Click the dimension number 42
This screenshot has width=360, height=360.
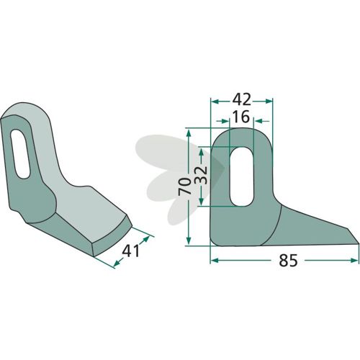(x=242, y=99)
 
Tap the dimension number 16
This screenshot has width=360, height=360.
(x=241, y=117)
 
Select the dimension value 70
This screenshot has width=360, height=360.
(x=184, y=186)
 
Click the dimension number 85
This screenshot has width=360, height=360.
(x=288, y=261)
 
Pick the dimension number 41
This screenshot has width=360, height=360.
(x=130, y=251)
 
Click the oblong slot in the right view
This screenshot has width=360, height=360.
(x=242, y=176)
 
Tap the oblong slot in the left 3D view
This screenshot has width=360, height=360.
(x=20, y=154)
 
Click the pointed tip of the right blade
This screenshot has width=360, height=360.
(x=359, y=244)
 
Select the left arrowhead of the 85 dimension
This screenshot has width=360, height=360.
(x=214, y=261)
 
